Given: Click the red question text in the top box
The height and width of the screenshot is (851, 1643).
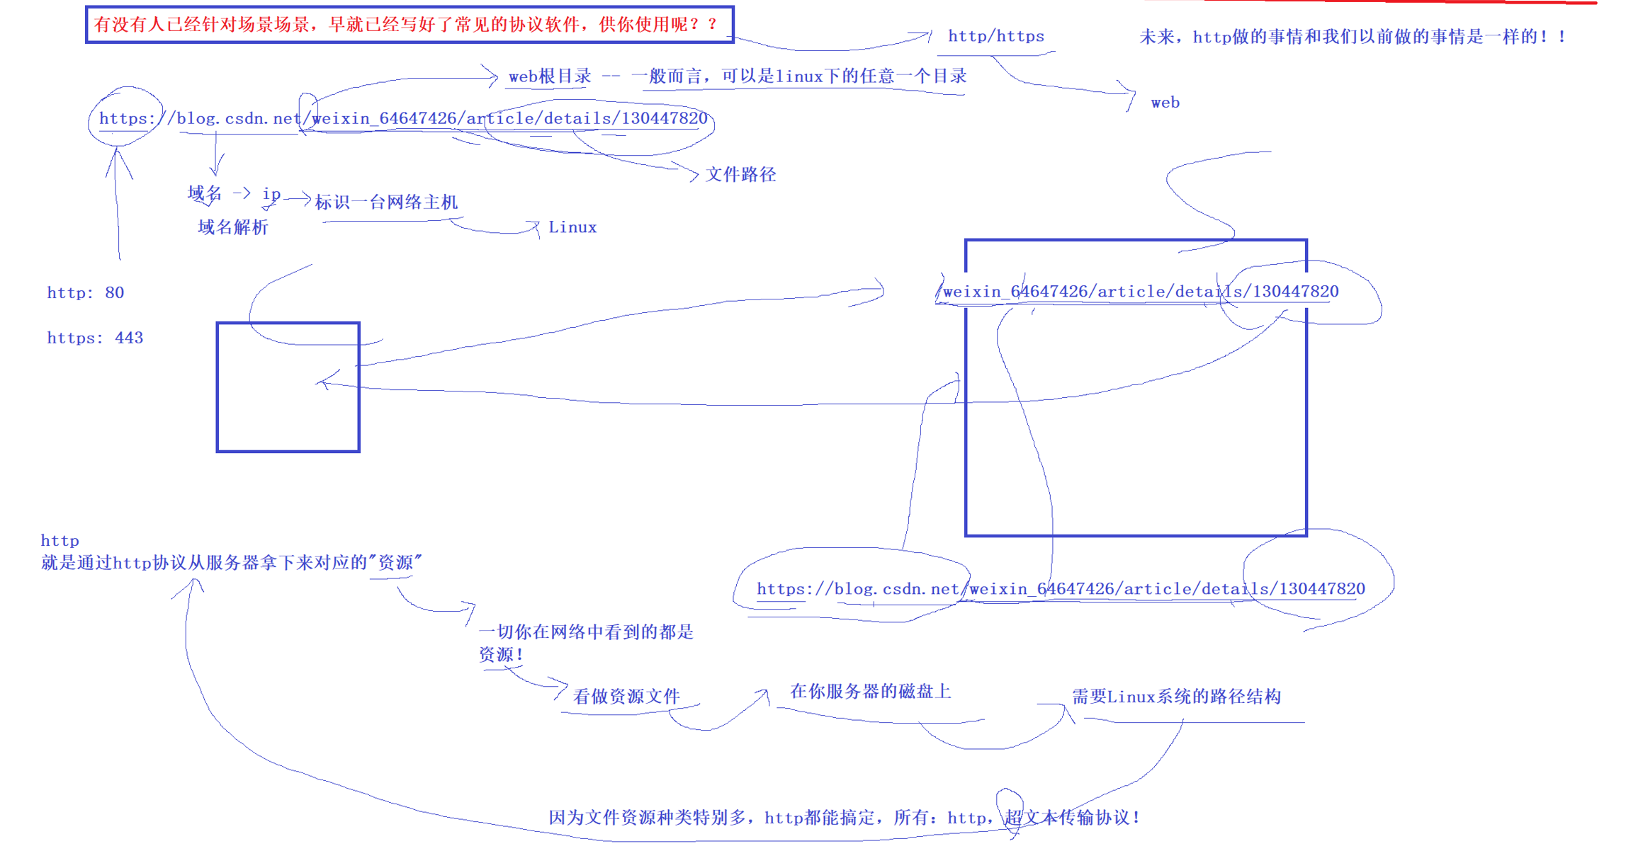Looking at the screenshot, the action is [x=407, y=25].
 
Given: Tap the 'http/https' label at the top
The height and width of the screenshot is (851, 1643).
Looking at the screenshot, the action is [x=995, y=36].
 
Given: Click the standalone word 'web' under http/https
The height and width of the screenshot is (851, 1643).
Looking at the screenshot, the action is [x=1165, y=103].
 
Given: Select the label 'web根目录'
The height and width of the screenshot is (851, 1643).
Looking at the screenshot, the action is [x=549, y=76].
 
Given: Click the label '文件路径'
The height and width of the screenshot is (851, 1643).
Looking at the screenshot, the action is [x=740, y=175].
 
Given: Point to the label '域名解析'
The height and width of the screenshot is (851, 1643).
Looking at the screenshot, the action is [x=233, y=227].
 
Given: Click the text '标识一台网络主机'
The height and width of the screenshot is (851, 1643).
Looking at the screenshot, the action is [x=386, y=202].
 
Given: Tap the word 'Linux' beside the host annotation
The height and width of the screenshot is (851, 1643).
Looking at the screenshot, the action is [x=572, y=227].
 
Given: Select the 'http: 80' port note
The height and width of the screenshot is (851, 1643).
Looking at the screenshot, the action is [x=86, y=293].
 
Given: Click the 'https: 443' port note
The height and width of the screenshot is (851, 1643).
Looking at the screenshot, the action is [x=95, y=338].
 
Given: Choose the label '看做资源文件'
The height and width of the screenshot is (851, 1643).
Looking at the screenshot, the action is [x=626, y=697].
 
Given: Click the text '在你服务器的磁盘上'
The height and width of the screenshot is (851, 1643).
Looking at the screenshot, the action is [x=870, y=692].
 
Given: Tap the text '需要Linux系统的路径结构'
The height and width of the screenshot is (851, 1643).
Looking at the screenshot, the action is [x=1176, y=697].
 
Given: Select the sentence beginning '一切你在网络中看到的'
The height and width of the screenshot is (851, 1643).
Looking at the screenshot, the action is [x=586, y=632].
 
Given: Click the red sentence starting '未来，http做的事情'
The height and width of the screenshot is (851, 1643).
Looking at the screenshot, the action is [x=1353, y=37].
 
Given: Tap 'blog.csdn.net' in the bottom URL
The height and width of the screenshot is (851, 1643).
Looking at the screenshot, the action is [x=896, y=589].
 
